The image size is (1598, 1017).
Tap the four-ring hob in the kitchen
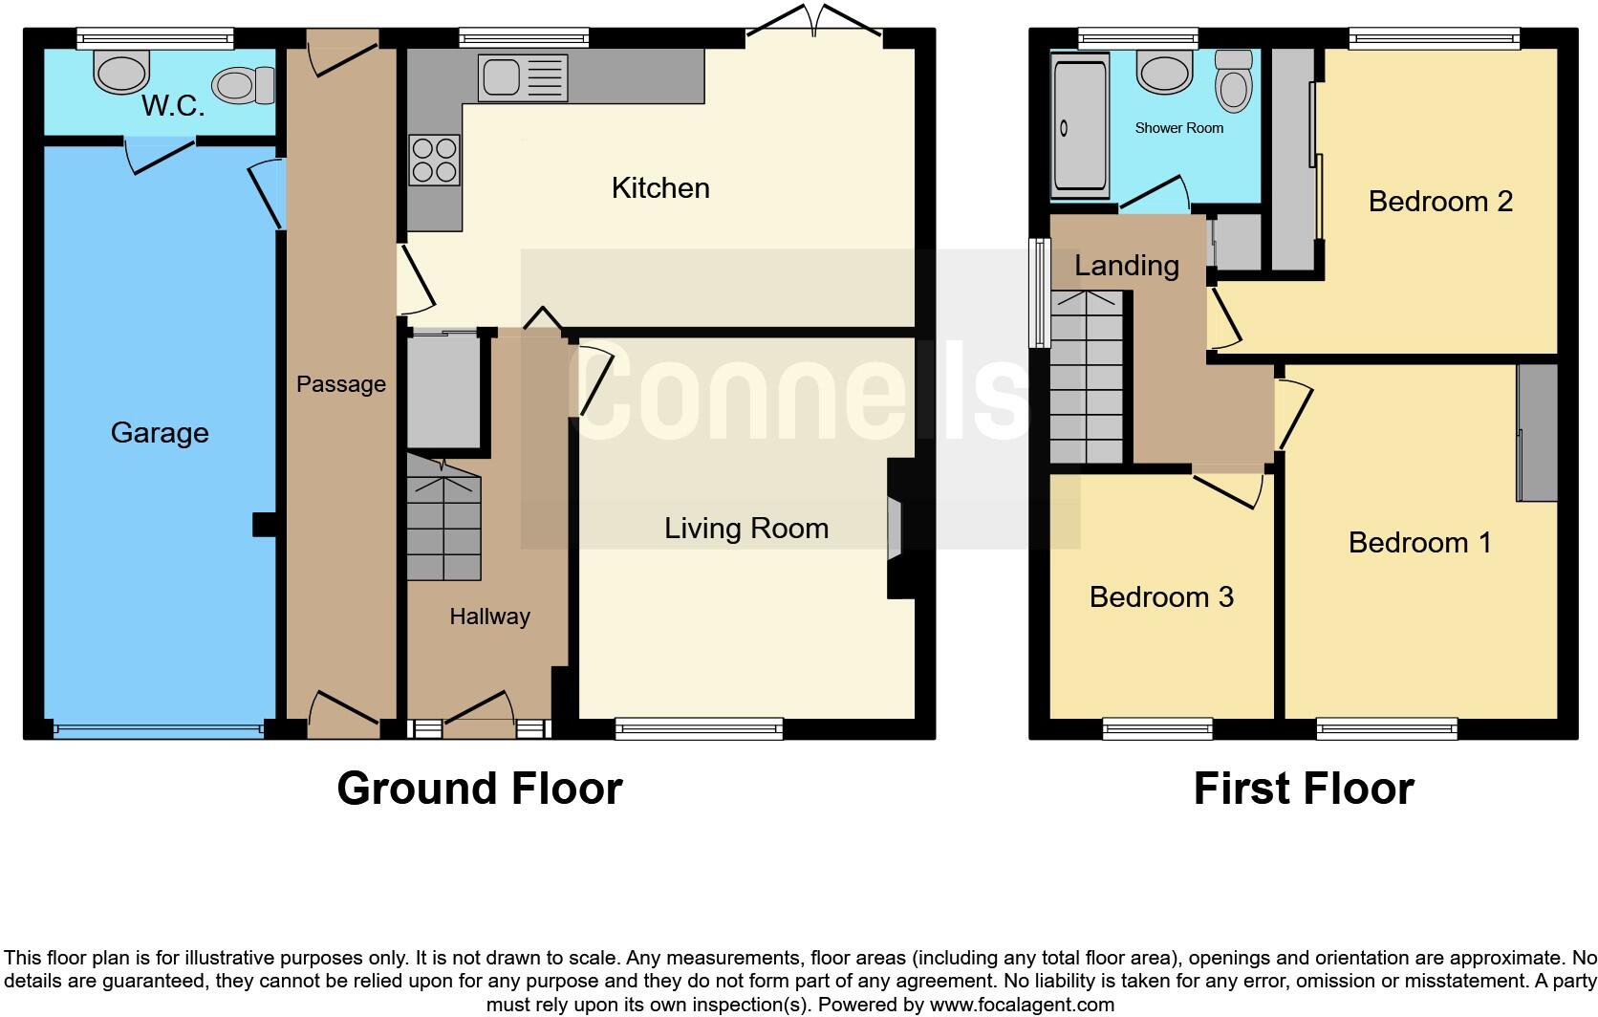434,161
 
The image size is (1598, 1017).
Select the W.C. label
173,106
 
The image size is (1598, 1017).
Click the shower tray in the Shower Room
1080,126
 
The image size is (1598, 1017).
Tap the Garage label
160,433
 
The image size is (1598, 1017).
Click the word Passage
341,384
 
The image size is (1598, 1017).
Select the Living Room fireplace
896,528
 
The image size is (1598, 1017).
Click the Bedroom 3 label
1161,597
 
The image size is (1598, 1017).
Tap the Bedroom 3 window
1157,729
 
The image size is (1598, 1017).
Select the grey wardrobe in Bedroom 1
1537,432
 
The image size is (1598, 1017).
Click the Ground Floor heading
480,789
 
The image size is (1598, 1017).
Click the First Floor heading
1304,789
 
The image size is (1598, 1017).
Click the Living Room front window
699,729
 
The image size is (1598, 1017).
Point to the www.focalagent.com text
1022,1005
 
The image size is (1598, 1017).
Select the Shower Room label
1178,128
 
